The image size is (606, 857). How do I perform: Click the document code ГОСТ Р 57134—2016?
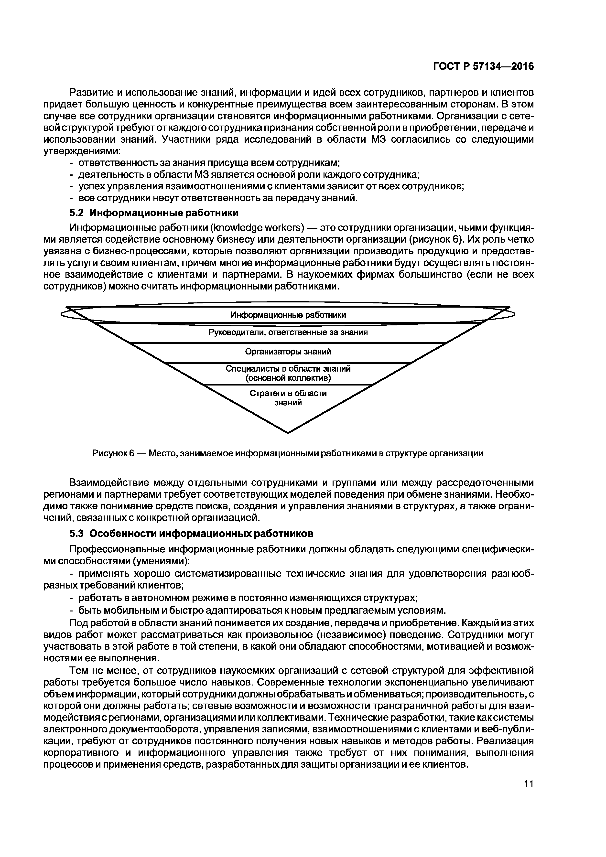pyautogui.click(x=483, y=66)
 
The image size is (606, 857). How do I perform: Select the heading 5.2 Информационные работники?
pyautogui.click(x=154, y=213)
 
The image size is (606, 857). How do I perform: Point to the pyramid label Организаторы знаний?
pyautogui.click(x=288, y=352)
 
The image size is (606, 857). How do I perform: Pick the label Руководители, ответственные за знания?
pyautogui.click(x=288, y=332)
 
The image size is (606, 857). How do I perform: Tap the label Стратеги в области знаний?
pyautogui.click(x=288, y=398)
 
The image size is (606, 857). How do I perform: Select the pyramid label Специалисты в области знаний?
pyautogui.click(x=288, y=369)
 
